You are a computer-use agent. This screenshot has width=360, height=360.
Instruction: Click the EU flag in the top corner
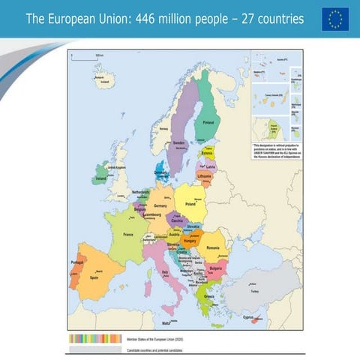[335, 19]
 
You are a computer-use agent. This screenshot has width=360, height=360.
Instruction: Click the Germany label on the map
[160, 205]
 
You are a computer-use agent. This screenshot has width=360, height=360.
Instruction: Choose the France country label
[127, 235]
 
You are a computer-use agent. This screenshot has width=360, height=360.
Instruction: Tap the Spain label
[94, 277]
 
